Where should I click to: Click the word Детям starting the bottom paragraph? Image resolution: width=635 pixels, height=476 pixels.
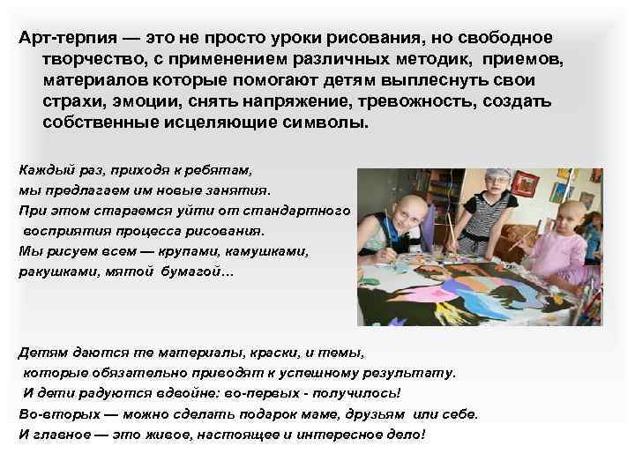[41, 351]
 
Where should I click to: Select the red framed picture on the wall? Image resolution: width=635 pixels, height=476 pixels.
[525, 183]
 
